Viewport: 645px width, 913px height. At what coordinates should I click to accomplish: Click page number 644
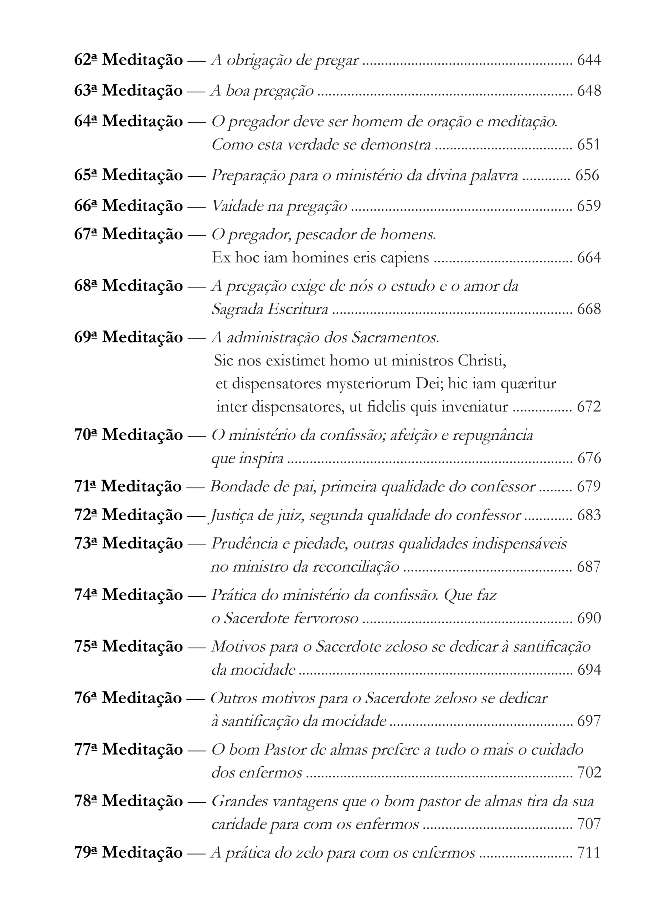tap(589, 60)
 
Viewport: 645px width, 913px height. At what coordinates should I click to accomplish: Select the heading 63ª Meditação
tap(128, 91)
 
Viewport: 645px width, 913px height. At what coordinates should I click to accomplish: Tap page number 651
tap(589, 144)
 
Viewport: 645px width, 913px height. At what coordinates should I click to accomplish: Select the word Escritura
tap(298, 309)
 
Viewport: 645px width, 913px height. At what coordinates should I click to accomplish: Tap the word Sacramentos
tap(395, 338)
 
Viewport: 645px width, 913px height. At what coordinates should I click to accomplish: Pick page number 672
tap(589, 407)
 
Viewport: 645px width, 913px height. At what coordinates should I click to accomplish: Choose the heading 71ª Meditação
tap(128, 487)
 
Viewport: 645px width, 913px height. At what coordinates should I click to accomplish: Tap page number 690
tap(589, 618)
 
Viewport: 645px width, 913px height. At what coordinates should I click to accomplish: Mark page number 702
tap(589, 772)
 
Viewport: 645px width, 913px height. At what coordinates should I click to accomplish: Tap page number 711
tap(588, 853)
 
